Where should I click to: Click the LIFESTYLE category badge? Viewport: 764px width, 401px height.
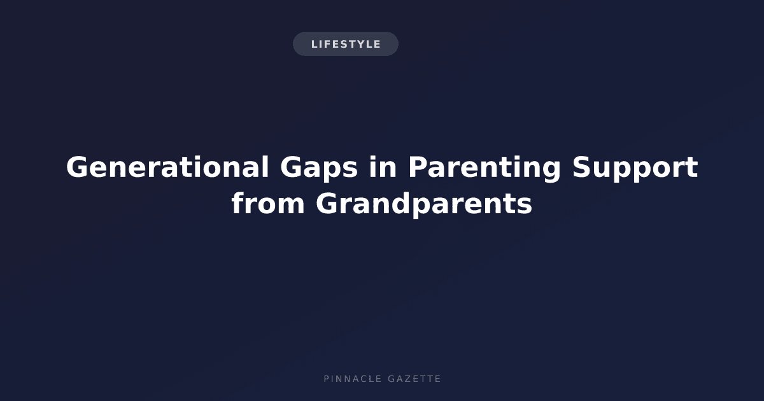point(346,44)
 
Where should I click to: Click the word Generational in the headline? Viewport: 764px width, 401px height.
point(167,167)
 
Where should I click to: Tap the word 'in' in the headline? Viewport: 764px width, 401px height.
point(383,166)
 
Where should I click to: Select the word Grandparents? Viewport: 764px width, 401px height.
point(424,205)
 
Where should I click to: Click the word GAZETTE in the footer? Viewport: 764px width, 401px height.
point(414,379)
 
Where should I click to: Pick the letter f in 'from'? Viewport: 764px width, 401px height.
point(237,202)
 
